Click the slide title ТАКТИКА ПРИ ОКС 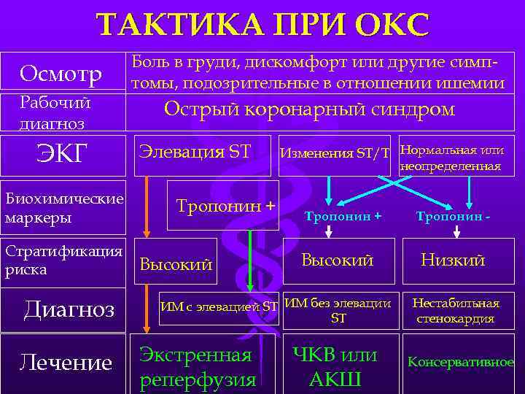pos(263,25)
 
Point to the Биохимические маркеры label pos(64,208)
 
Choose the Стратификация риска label pos(64,260)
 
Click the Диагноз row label pos(69,309)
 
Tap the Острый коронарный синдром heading pos(309,109)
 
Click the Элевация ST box pos(200,152)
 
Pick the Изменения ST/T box pos(335,153)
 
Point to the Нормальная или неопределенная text pos(451,158)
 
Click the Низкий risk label pos(453,260)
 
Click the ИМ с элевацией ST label pos(219,306)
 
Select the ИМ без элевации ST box pos(338,310)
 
